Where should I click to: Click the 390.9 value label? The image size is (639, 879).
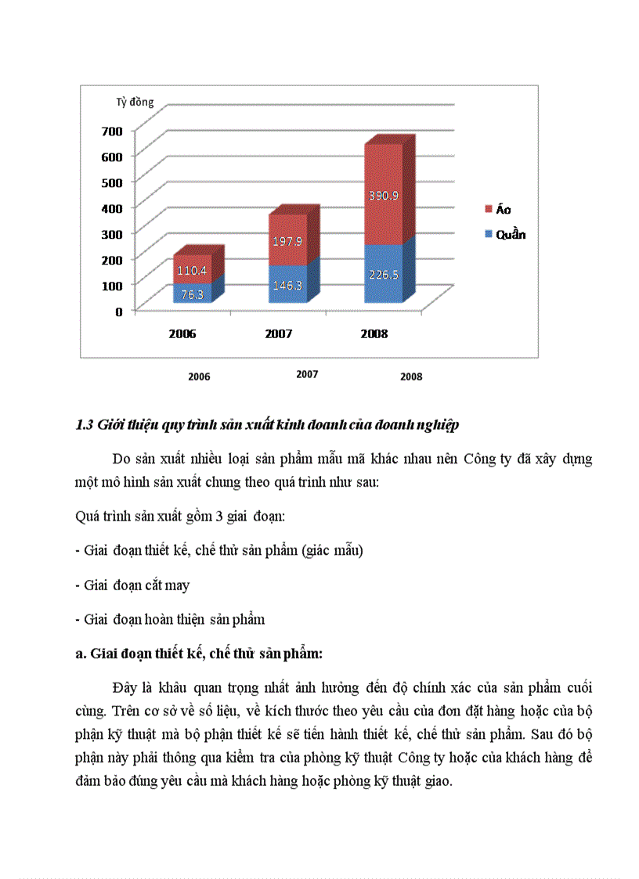click(384, 196)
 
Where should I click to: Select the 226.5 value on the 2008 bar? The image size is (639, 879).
click(384, 275)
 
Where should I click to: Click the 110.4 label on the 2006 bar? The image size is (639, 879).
click(191, 271)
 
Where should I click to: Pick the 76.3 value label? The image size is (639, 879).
click(193, 295)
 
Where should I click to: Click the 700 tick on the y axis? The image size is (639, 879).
click(112, 131)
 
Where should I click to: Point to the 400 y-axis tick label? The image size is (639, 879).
click(112, 208)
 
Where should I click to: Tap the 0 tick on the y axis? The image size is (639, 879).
click(119, 312)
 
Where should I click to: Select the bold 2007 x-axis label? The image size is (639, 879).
click(278, 334)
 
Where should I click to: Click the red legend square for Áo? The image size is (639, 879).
click(489, 209)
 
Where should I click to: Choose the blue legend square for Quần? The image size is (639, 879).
click(489, 234)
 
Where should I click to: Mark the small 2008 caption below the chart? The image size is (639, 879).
click(411, 376)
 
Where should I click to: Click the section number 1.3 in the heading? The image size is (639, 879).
click(84, 426)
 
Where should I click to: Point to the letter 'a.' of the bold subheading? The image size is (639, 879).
click(80, 654)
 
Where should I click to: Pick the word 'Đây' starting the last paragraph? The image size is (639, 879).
click(125, 688)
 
